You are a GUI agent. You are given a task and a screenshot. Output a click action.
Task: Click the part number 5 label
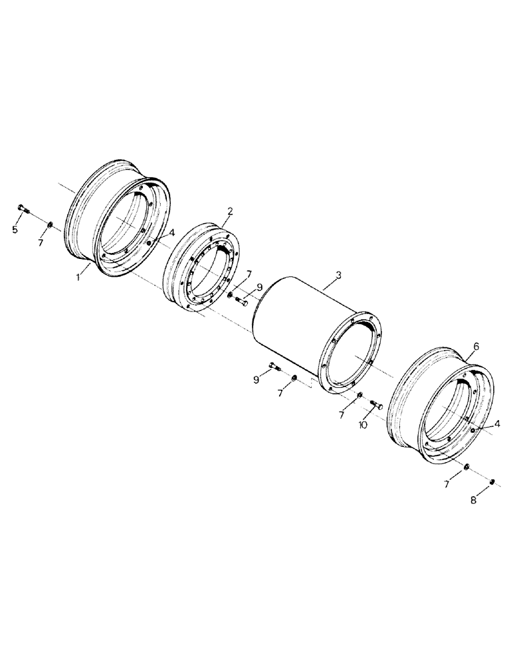(15, 230)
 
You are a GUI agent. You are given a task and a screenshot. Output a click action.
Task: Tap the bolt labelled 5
(23, 210)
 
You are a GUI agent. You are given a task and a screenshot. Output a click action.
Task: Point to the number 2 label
(229, 211)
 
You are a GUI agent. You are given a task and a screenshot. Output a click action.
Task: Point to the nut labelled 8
(492, 481)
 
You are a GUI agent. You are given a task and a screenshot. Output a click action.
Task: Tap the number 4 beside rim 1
(171, 233)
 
